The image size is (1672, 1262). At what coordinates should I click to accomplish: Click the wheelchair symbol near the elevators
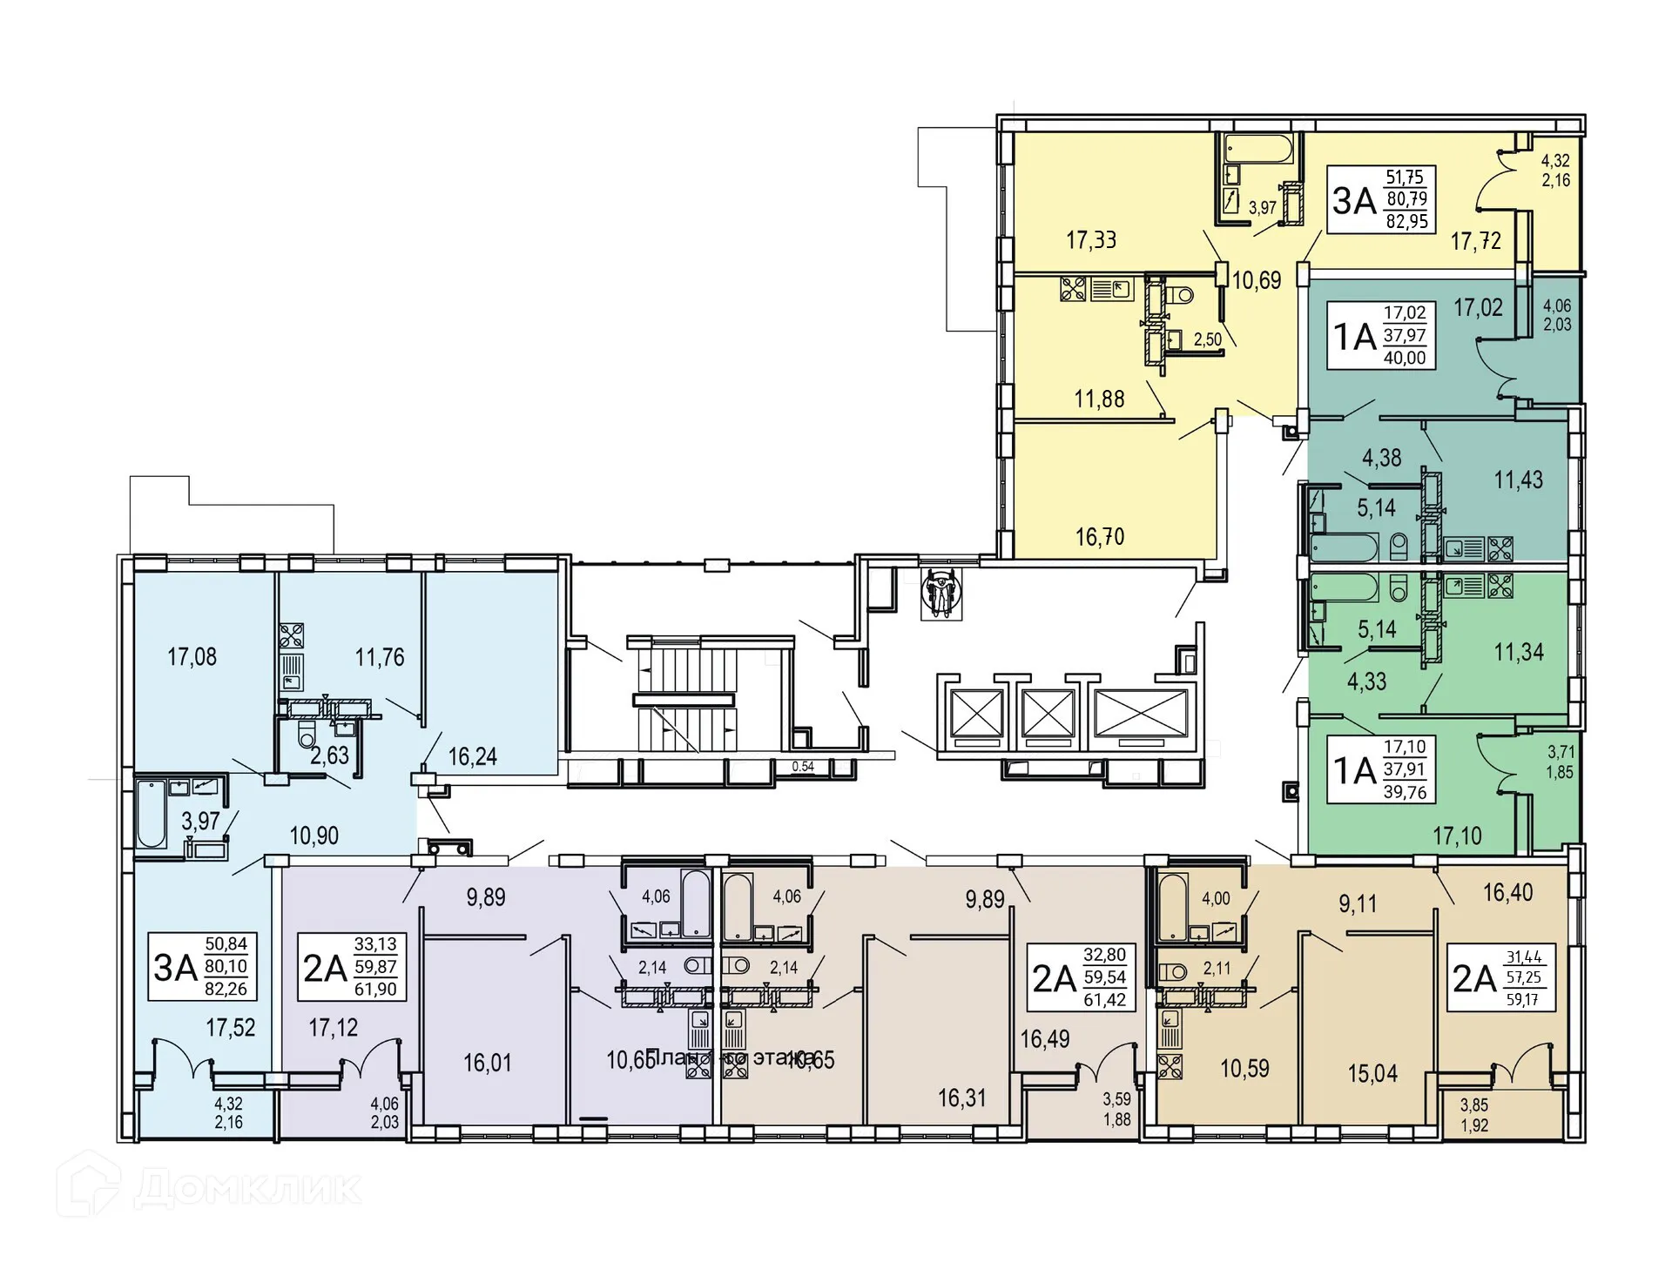tap(942, 594)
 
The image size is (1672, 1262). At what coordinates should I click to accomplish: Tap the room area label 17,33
tap(1091, 239)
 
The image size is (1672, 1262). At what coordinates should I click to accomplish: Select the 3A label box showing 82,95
tap(1381, 199)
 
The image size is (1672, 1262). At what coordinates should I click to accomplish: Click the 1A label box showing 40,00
tap(1382, 335)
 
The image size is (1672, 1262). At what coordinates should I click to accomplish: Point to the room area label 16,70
tap(1100, 536)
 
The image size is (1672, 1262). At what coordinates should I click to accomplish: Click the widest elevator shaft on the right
tap(1141, 714)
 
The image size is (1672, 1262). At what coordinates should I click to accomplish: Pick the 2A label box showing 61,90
tap(351, 967)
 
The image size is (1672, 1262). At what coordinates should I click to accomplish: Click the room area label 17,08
tap(192, 657)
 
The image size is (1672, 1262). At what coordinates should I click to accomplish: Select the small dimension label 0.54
tap(803, 767)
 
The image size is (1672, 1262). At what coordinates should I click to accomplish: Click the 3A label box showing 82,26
tap(202, 966)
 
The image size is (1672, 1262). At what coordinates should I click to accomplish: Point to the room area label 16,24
tap(473, 756)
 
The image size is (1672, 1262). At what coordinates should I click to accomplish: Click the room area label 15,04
tap(1372, 1073)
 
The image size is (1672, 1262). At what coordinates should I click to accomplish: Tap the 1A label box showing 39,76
tap(1381, 769)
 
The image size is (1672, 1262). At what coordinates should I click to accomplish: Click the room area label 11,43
tap(1518, 480)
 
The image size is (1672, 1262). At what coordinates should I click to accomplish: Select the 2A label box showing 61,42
tap(1081, 977)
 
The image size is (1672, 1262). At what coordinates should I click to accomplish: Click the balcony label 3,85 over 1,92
tap(1474, 1115)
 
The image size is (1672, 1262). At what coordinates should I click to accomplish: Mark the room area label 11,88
tap(1099, 399)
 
